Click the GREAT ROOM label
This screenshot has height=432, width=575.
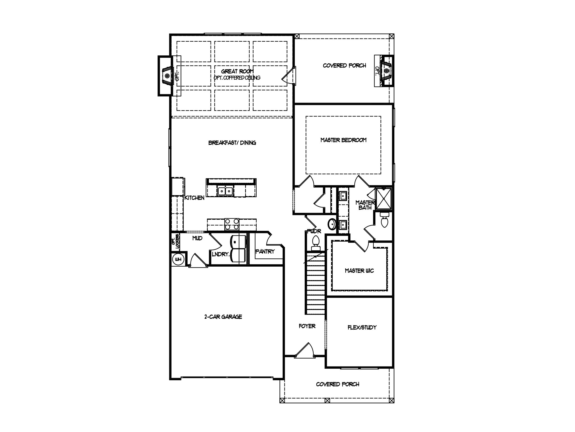[x=237, y=71]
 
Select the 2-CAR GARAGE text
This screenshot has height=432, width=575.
[x=223, y=317]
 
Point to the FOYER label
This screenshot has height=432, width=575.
[x=307, y=326]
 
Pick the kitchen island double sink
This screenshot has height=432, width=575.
[x=225, y=191]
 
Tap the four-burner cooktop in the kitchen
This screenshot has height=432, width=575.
[x=232, y=224]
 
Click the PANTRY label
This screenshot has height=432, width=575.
[x=265, y=251]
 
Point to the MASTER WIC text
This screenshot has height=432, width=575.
[x=359, y=271]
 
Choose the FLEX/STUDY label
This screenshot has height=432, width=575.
[x=362, y=327]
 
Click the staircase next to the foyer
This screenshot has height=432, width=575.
[x=315, y=284]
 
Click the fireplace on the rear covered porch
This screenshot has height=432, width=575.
[x=386, y=71]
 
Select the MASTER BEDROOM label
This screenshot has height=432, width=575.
[x=343, y=140]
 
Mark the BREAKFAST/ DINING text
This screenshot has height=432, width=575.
[x=232, y=143]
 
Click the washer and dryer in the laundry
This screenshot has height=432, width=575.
[x=238, y=249]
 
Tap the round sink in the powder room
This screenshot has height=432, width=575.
[x=332, y=224]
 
